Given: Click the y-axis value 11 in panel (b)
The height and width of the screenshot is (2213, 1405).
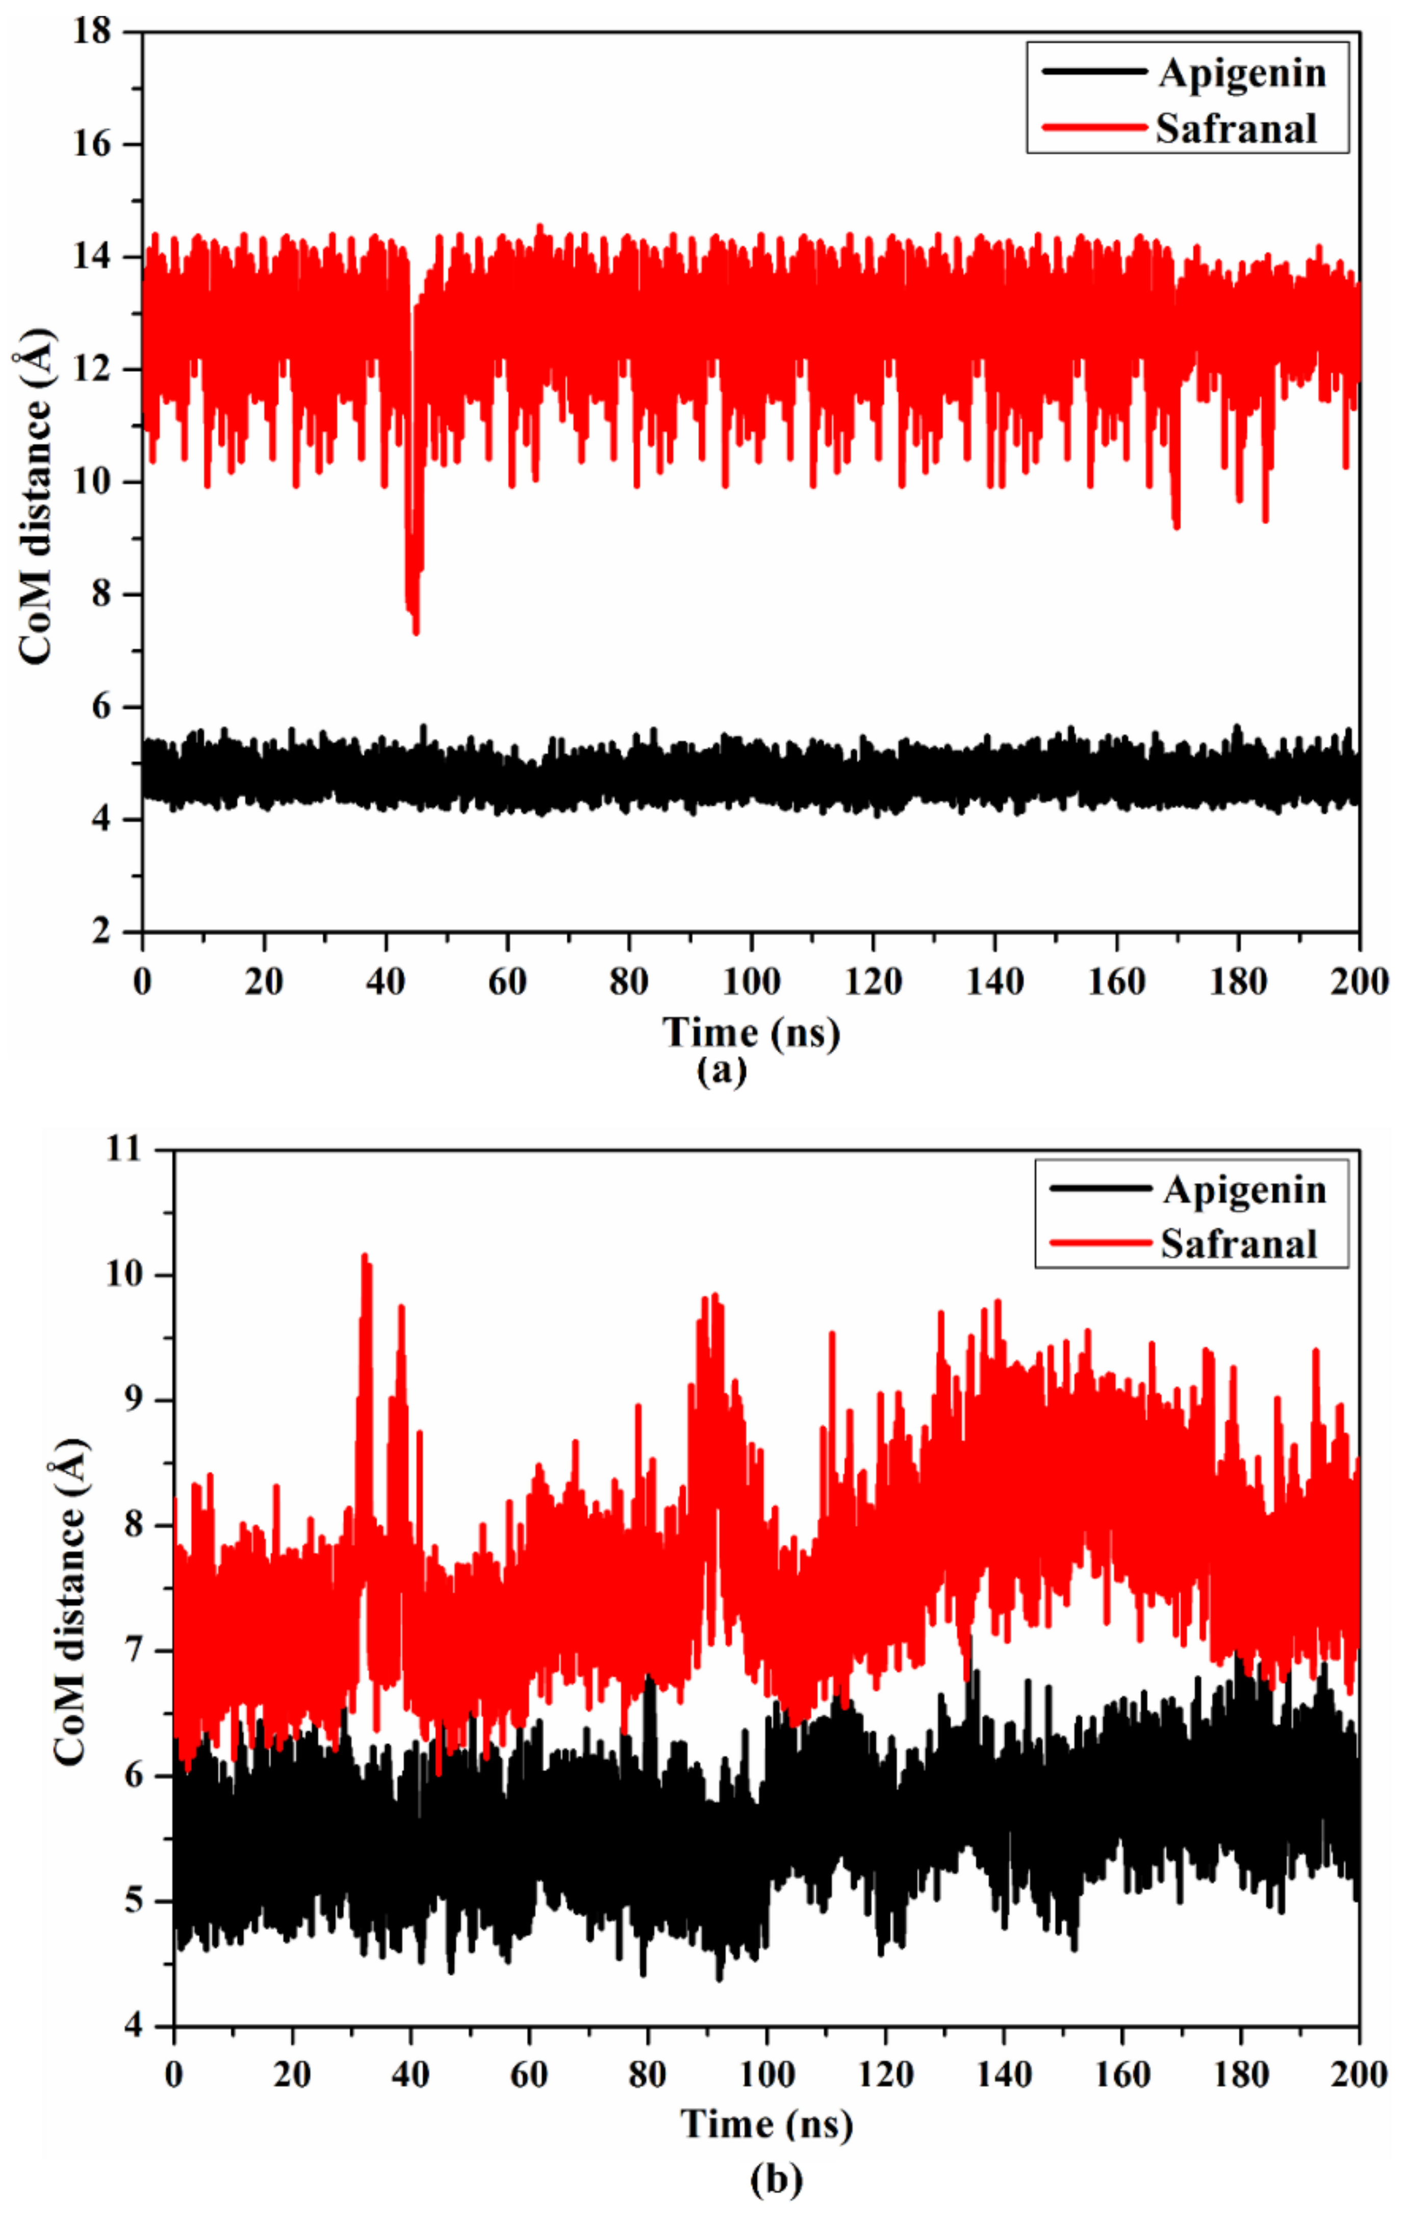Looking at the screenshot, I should point(127,1150).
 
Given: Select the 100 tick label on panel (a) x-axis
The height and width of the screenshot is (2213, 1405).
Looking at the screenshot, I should point(751,982).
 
